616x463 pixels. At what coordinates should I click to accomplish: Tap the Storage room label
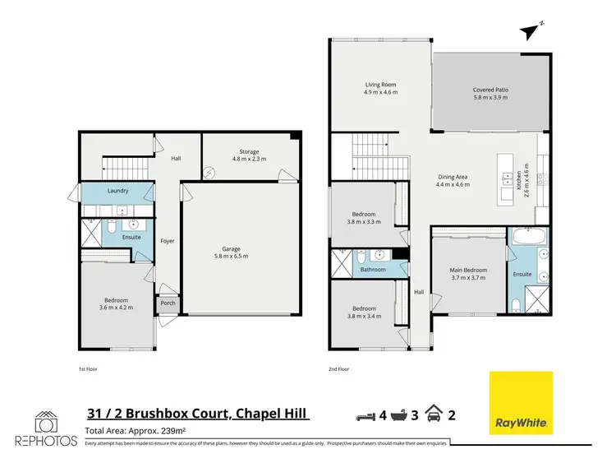pyautogui.click(x=249, y=151)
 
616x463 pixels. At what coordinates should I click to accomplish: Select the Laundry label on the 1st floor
pyautogui.click(x=117, y=191)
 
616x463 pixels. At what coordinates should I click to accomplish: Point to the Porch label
pyautogui.click(x=168, y=303)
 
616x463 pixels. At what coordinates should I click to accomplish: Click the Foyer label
pyautogui.click(x=168, y=241)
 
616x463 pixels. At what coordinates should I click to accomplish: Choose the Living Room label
pyautogui.click(x=381, y=85)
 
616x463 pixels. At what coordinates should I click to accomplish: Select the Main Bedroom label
pyautogui.click(x=469, y=270)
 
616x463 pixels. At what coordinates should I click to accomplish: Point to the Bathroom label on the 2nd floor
pyautogui.click(x=372, y=269)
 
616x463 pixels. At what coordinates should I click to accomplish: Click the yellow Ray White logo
pyautogui.click(x=520, y=403)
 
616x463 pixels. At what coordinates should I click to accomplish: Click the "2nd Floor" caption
pyautogui.click(x=338, y=369)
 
